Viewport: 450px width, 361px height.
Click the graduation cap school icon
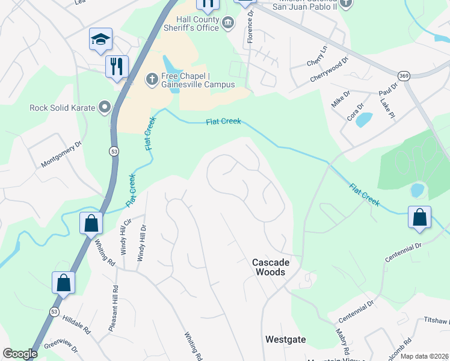[x=101, y=40]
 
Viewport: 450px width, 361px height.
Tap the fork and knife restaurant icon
[x=117, y=66]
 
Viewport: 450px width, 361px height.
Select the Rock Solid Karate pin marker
[x=105, y=108]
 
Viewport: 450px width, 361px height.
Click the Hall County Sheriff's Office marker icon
[x=228, y=23]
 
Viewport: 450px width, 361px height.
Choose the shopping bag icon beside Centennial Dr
[x=419, y=218]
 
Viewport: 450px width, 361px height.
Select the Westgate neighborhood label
[x=285, y=340]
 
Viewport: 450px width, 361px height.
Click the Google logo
[x=20, y=354]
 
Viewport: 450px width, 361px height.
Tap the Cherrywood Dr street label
[x=330, y=70]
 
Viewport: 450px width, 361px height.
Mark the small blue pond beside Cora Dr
[x=363, y=120]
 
